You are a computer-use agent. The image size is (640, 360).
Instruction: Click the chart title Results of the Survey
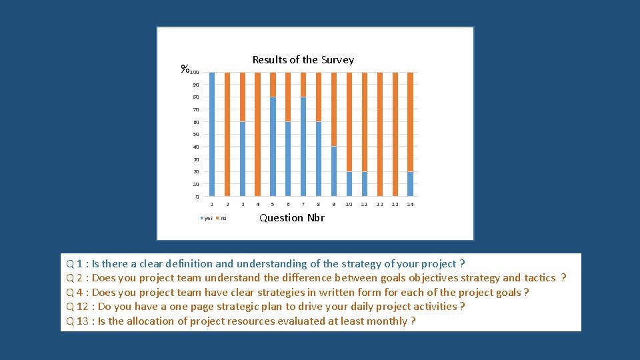[x=303, y=60]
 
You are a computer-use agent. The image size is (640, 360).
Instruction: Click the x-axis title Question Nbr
[x=291, y=218]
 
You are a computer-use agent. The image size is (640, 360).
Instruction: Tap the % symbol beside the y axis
[x=185, y=69]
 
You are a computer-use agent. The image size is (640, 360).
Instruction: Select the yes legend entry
[x=207, y=219]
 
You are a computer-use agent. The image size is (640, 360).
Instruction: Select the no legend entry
[x=223, y=219]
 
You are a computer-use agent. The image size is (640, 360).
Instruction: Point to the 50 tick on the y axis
[x=196, y=135]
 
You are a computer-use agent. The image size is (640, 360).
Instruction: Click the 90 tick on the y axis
[x=196, y=85]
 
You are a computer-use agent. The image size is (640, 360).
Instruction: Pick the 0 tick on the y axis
[x=197, y=197]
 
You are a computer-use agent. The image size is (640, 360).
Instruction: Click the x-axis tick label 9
[x=333, y=204]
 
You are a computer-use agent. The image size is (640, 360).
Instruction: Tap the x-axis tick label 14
[x=410, y=204]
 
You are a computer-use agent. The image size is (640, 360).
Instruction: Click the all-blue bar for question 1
[x=212, y=133]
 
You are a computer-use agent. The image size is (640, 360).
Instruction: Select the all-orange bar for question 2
[x=227, y=133]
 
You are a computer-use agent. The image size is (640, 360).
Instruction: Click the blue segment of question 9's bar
[x=333, y=171]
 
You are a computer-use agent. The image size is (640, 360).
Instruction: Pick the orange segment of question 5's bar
[x=273, y=85]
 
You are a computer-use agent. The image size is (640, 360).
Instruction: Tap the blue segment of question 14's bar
[x=410, y=184]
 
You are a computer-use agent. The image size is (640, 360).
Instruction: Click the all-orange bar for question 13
[x=395, y=133]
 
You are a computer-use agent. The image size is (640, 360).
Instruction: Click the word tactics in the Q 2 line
[x=540, y=278]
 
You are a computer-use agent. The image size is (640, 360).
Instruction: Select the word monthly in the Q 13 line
[x=388, y=321]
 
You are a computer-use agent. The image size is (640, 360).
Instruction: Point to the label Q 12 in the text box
[x=77, y=307]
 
